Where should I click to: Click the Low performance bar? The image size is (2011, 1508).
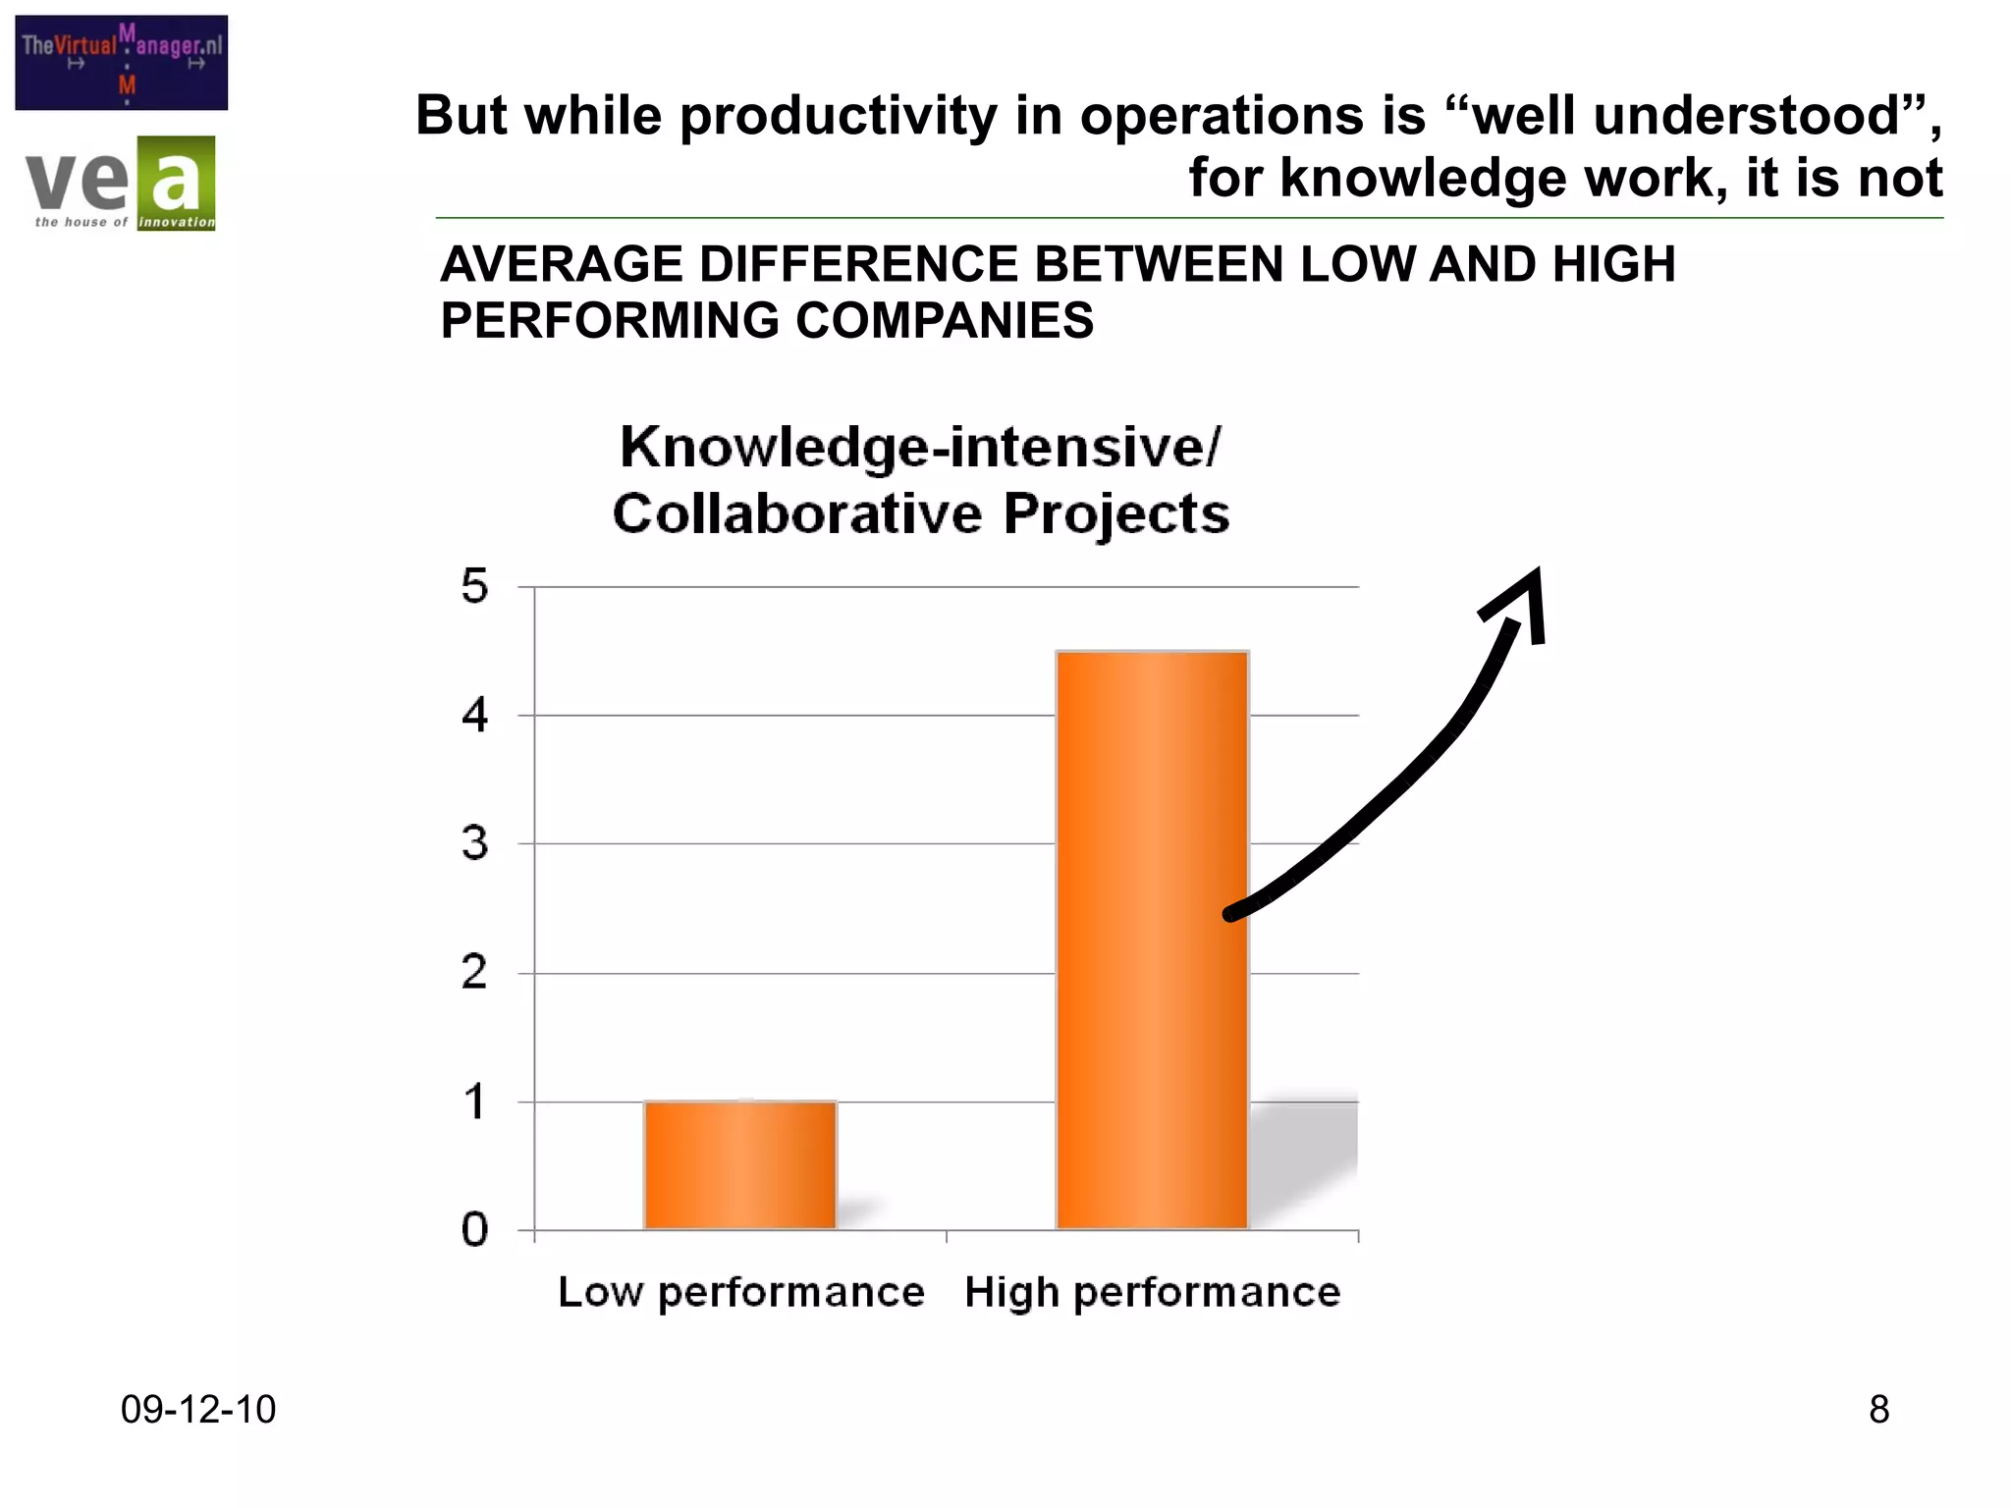tap(739, 1164)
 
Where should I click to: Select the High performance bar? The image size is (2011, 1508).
tap(1152, 940)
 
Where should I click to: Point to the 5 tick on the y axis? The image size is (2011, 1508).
tap(474, 587)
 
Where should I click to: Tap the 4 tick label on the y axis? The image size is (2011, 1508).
tap(474, 716)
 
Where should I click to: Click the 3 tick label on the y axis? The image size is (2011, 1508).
tap(474, 844)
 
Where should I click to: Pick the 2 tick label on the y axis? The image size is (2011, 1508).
tap(474, 973)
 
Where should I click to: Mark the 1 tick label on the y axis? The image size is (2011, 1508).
tap(474, 1102)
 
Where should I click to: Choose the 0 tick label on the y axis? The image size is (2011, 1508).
tap(474, 1230)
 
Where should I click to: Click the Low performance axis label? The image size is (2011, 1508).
tap(741, 1292)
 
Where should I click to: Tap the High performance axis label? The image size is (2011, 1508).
tap(1152, 1292)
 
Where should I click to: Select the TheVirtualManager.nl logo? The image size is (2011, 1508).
tap(122, 62)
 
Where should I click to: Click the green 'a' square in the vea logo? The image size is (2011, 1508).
tap(176, 183)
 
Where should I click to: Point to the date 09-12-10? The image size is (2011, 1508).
tap(197, 1409)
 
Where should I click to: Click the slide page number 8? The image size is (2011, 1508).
tap(1878, 1409)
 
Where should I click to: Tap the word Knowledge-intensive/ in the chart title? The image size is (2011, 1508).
tap(920, 448)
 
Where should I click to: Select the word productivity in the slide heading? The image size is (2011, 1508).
tap(839, 116)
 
